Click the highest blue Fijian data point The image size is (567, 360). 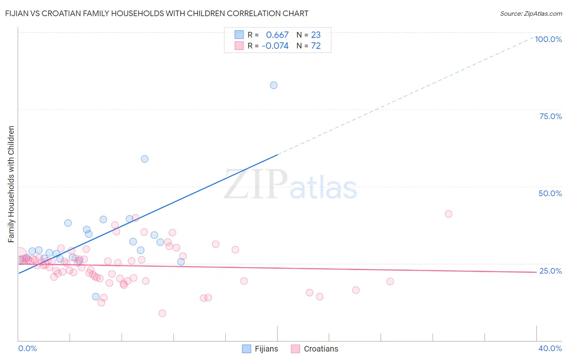274,85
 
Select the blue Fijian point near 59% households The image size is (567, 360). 145,159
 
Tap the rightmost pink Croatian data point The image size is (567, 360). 448,214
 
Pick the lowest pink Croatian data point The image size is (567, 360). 162,313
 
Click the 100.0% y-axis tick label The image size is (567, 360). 548,39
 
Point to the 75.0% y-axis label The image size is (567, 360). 550,116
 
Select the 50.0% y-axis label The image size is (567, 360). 550,193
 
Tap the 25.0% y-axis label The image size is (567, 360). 550,271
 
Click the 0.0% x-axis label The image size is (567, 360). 27,348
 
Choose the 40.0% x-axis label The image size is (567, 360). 550,348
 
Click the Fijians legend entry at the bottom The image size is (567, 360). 260,349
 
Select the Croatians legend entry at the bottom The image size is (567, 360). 315,349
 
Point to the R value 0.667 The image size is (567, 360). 277,35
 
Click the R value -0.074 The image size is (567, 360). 275,46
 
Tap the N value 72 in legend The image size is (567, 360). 316,46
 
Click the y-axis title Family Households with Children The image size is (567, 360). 11,184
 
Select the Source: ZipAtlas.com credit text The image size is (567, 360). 531,14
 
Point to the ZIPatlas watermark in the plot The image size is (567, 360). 290,185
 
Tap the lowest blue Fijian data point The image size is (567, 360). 96,297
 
